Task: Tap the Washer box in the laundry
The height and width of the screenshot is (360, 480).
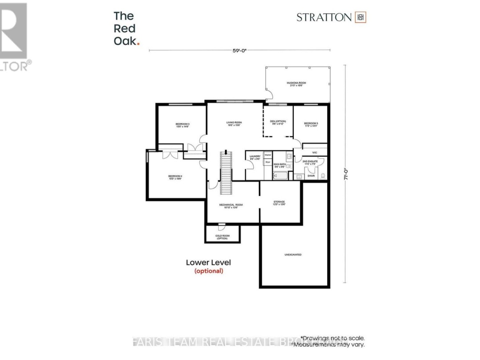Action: [268, 155]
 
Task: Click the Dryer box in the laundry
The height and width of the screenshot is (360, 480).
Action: [268, 162]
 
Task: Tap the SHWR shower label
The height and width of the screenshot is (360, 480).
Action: [311, 176]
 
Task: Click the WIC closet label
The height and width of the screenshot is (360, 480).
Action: [315, 152]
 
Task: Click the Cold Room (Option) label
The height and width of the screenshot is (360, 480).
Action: [222, 237]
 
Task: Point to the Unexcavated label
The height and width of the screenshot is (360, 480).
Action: [293, 255]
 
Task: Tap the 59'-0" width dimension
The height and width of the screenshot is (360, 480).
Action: [240, 50]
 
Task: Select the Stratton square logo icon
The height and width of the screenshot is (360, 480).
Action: [360, 17]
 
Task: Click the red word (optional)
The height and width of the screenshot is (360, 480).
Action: [208, 271]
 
